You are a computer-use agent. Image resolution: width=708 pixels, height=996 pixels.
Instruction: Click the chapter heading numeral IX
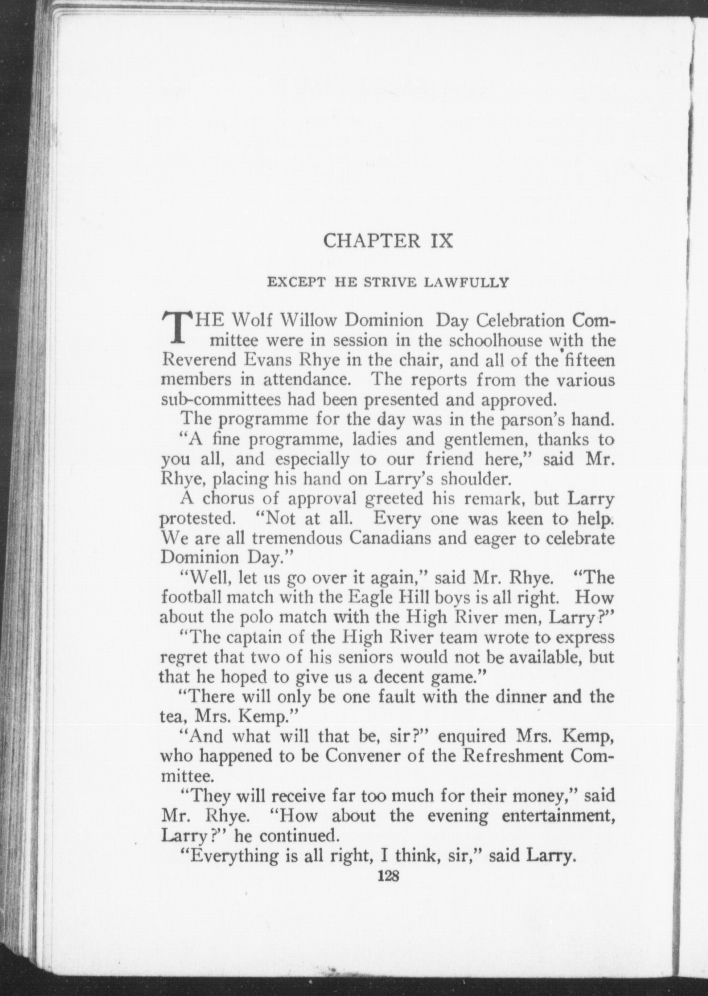click(x=440, y=241)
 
